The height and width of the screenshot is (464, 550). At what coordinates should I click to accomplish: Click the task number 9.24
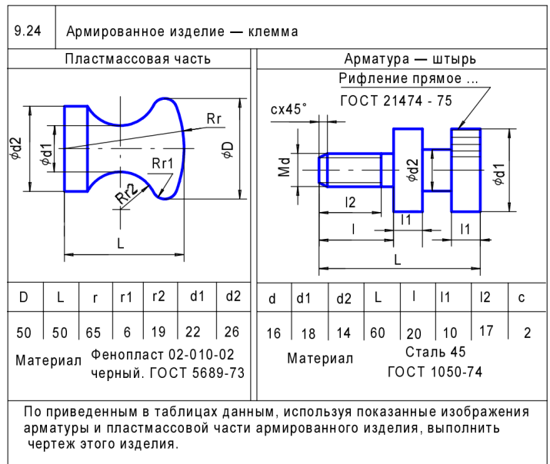tap(29, 32)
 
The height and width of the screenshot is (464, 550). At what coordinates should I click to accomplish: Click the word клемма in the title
tap(271, 32)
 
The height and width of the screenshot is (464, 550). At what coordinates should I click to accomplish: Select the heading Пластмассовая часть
tap(138, 58)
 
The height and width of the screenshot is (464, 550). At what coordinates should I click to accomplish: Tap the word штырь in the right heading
tap(455, 58)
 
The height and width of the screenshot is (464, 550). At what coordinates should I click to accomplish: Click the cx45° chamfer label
tap(288, 109)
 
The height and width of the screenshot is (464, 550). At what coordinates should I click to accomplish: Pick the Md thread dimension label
tap(285, 167)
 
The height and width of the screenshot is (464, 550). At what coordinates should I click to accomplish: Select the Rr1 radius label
tap(162, 163)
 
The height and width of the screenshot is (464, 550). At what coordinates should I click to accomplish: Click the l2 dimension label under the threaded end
tap(350, 204)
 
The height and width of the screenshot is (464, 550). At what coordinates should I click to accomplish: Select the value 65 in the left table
tap(94, 333)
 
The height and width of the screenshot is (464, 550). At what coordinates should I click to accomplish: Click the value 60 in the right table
tap(378, 333)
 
